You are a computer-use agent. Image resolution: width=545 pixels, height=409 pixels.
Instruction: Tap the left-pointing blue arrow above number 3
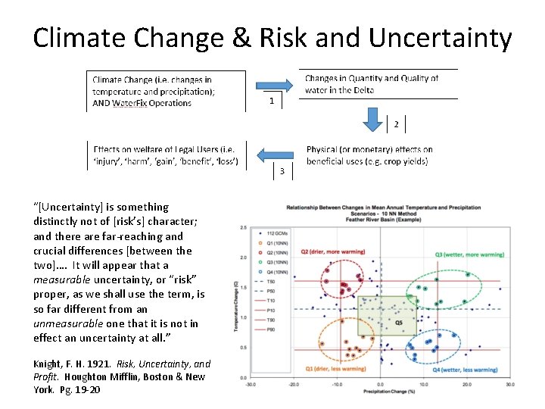click(x=274, y=155)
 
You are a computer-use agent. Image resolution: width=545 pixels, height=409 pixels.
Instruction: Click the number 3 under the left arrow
click(x=282, y=172)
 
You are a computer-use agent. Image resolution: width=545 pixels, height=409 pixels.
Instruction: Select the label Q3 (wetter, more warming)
click(x=471, y=254)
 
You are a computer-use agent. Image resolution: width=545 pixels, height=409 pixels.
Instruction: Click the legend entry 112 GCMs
click(x=277, y=233)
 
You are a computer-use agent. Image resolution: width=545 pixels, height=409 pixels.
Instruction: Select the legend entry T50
click(x=273, y=281)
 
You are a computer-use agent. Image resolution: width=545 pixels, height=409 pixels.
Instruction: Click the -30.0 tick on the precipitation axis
click(x=250, y=384)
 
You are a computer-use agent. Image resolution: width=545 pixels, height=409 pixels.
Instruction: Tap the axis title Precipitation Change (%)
click(x=380, y=392)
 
